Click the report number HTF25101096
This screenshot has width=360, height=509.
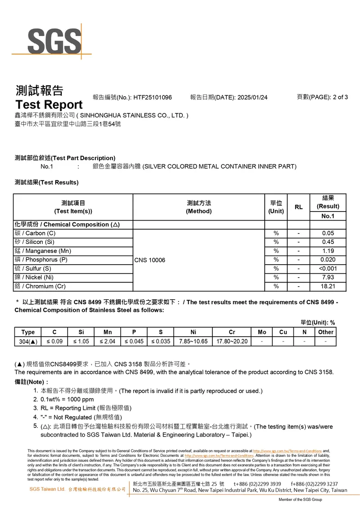click(x=153, y=98)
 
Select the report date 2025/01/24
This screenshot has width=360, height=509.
click(x=252, y=98)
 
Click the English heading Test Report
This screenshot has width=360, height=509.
click(x=49, y=105)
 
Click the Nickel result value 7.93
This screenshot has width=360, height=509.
click(x=328, y=277)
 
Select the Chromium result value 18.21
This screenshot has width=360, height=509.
click(x=328, y=286)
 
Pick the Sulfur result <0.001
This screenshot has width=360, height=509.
click(x=328, y=269)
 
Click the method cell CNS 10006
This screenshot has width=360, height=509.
click(x=150, y=260)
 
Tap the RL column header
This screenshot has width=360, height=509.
click(x=298, y=207)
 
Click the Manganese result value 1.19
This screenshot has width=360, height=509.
click(x=328, y=251)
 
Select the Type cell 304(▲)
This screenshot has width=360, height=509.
click(x=28, y=342)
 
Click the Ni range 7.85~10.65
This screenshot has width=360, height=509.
click(x=193, y=342)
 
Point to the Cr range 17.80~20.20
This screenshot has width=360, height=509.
click(x=232, y=342)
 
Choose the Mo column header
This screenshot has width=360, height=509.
click(x=262, y=332)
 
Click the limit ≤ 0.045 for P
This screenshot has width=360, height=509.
click(x=134, y=342)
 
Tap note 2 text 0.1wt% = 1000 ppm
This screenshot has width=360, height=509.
click(x=67, y=399)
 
